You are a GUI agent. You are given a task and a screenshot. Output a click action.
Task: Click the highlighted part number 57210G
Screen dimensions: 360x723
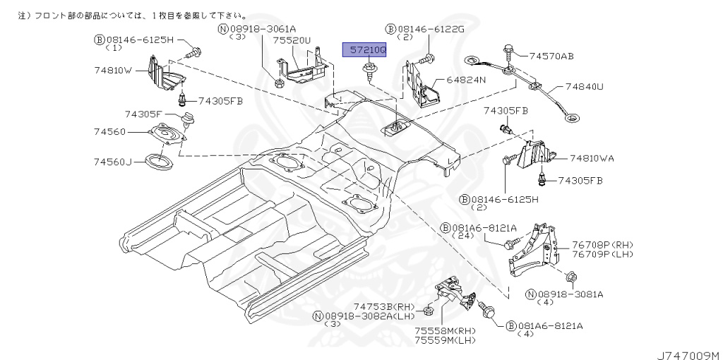coord(364,49)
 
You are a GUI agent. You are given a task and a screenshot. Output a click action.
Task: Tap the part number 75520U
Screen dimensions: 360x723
coord(292,41)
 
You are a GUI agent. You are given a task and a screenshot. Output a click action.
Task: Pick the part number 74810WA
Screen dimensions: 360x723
coord(592,158)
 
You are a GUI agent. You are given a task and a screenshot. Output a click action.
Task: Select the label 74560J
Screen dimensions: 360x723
coord(114,162)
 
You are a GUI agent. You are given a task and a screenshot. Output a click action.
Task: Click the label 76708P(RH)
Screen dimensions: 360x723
coord(602,245)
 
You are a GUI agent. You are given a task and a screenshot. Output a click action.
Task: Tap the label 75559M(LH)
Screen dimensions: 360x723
coord(445,341)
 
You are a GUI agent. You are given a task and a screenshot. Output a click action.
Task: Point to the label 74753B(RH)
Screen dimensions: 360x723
coord(384,307)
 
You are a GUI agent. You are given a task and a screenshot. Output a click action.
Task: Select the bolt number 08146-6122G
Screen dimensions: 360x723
coord(425,29)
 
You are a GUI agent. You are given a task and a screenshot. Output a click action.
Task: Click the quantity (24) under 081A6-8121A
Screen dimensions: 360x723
coord(463,236)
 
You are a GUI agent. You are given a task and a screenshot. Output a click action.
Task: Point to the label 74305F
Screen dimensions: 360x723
coord(143,114)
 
